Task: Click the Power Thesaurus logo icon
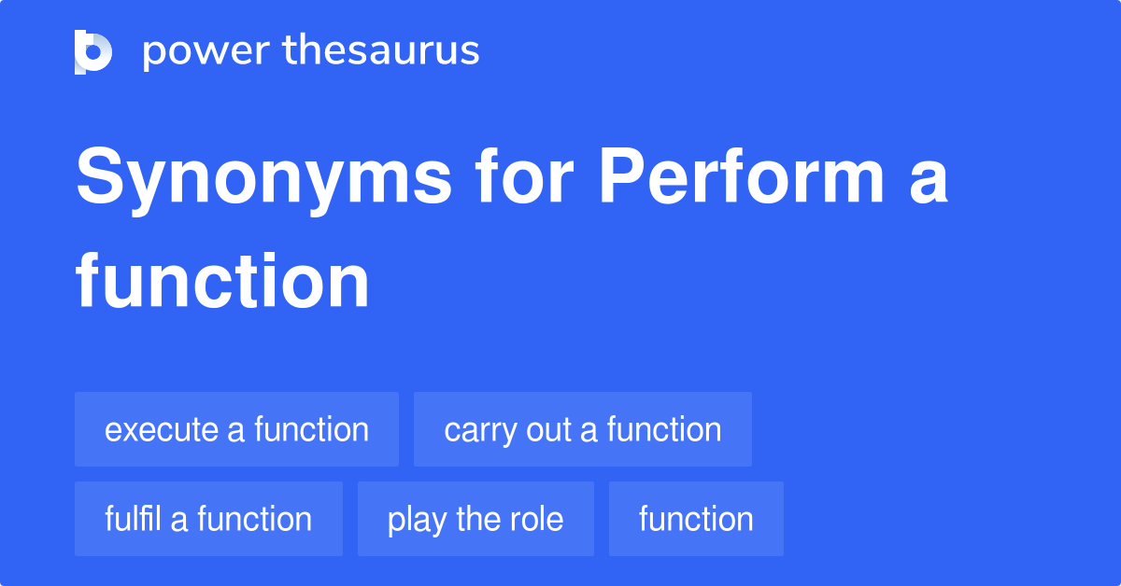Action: click(93, 51)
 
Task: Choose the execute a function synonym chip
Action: click(236, 429)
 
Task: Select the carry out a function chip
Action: click(582, 429)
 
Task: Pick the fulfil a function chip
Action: click(208, 519)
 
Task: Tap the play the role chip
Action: click(475, 519)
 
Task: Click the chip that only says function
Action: click(696, 519)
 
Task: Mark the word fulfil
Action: click(133, 519)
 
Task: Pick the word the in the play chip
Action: click(476, 519)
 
